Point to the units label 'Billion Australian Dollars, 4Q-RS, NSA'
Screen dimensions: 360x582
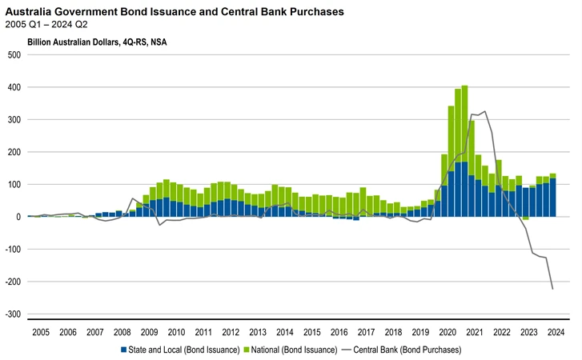point(98,42)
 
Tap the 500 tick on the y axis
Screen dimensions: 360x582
point(14,54)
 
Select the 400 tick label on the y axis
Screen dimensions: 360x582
point(14,87)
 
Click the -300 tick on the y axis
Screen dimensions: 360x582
point(12,314)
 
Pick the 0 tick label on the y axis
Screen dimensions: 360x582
point(18,217)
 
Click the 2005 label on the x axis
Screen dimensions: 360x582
point(41,332)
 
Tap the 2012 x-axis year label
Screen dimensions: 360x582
point(231,332)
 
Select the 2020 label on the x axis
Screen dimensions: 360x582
point(448,332)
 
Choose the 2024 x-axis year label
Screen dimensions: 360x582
point(556,332)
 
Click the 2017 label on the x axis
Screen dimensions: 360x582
point(366,332)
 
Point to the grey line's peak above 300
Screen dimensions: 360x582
point(484,111)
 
